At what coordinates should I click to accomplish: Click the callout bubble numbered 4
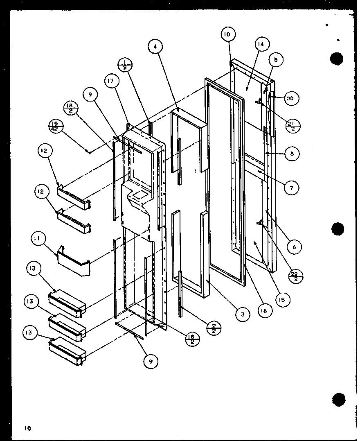point(155,47)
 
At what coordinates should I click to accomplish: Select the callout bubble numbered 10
point(227,34)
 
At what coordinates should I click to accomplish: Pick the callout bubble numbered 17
point(111,81)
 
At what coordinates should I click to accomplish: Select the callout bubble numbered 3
point(243,314)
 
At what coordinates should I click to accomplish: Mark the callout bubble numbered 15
point(283,299)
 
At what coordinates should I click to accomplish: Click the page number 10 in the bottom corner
point(27,428)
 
